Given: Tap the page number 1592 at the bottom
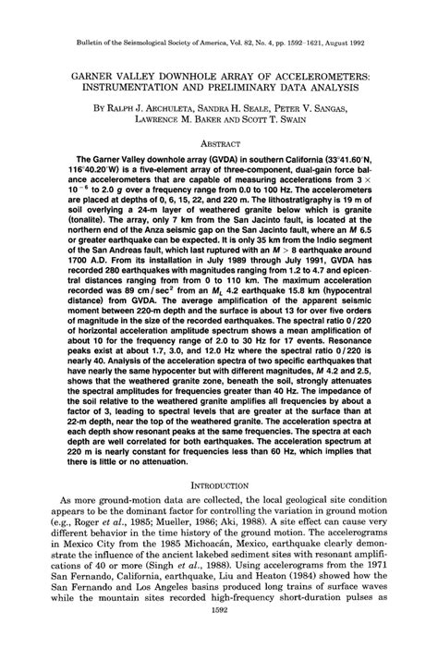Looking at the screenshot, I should pos(219,637).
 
